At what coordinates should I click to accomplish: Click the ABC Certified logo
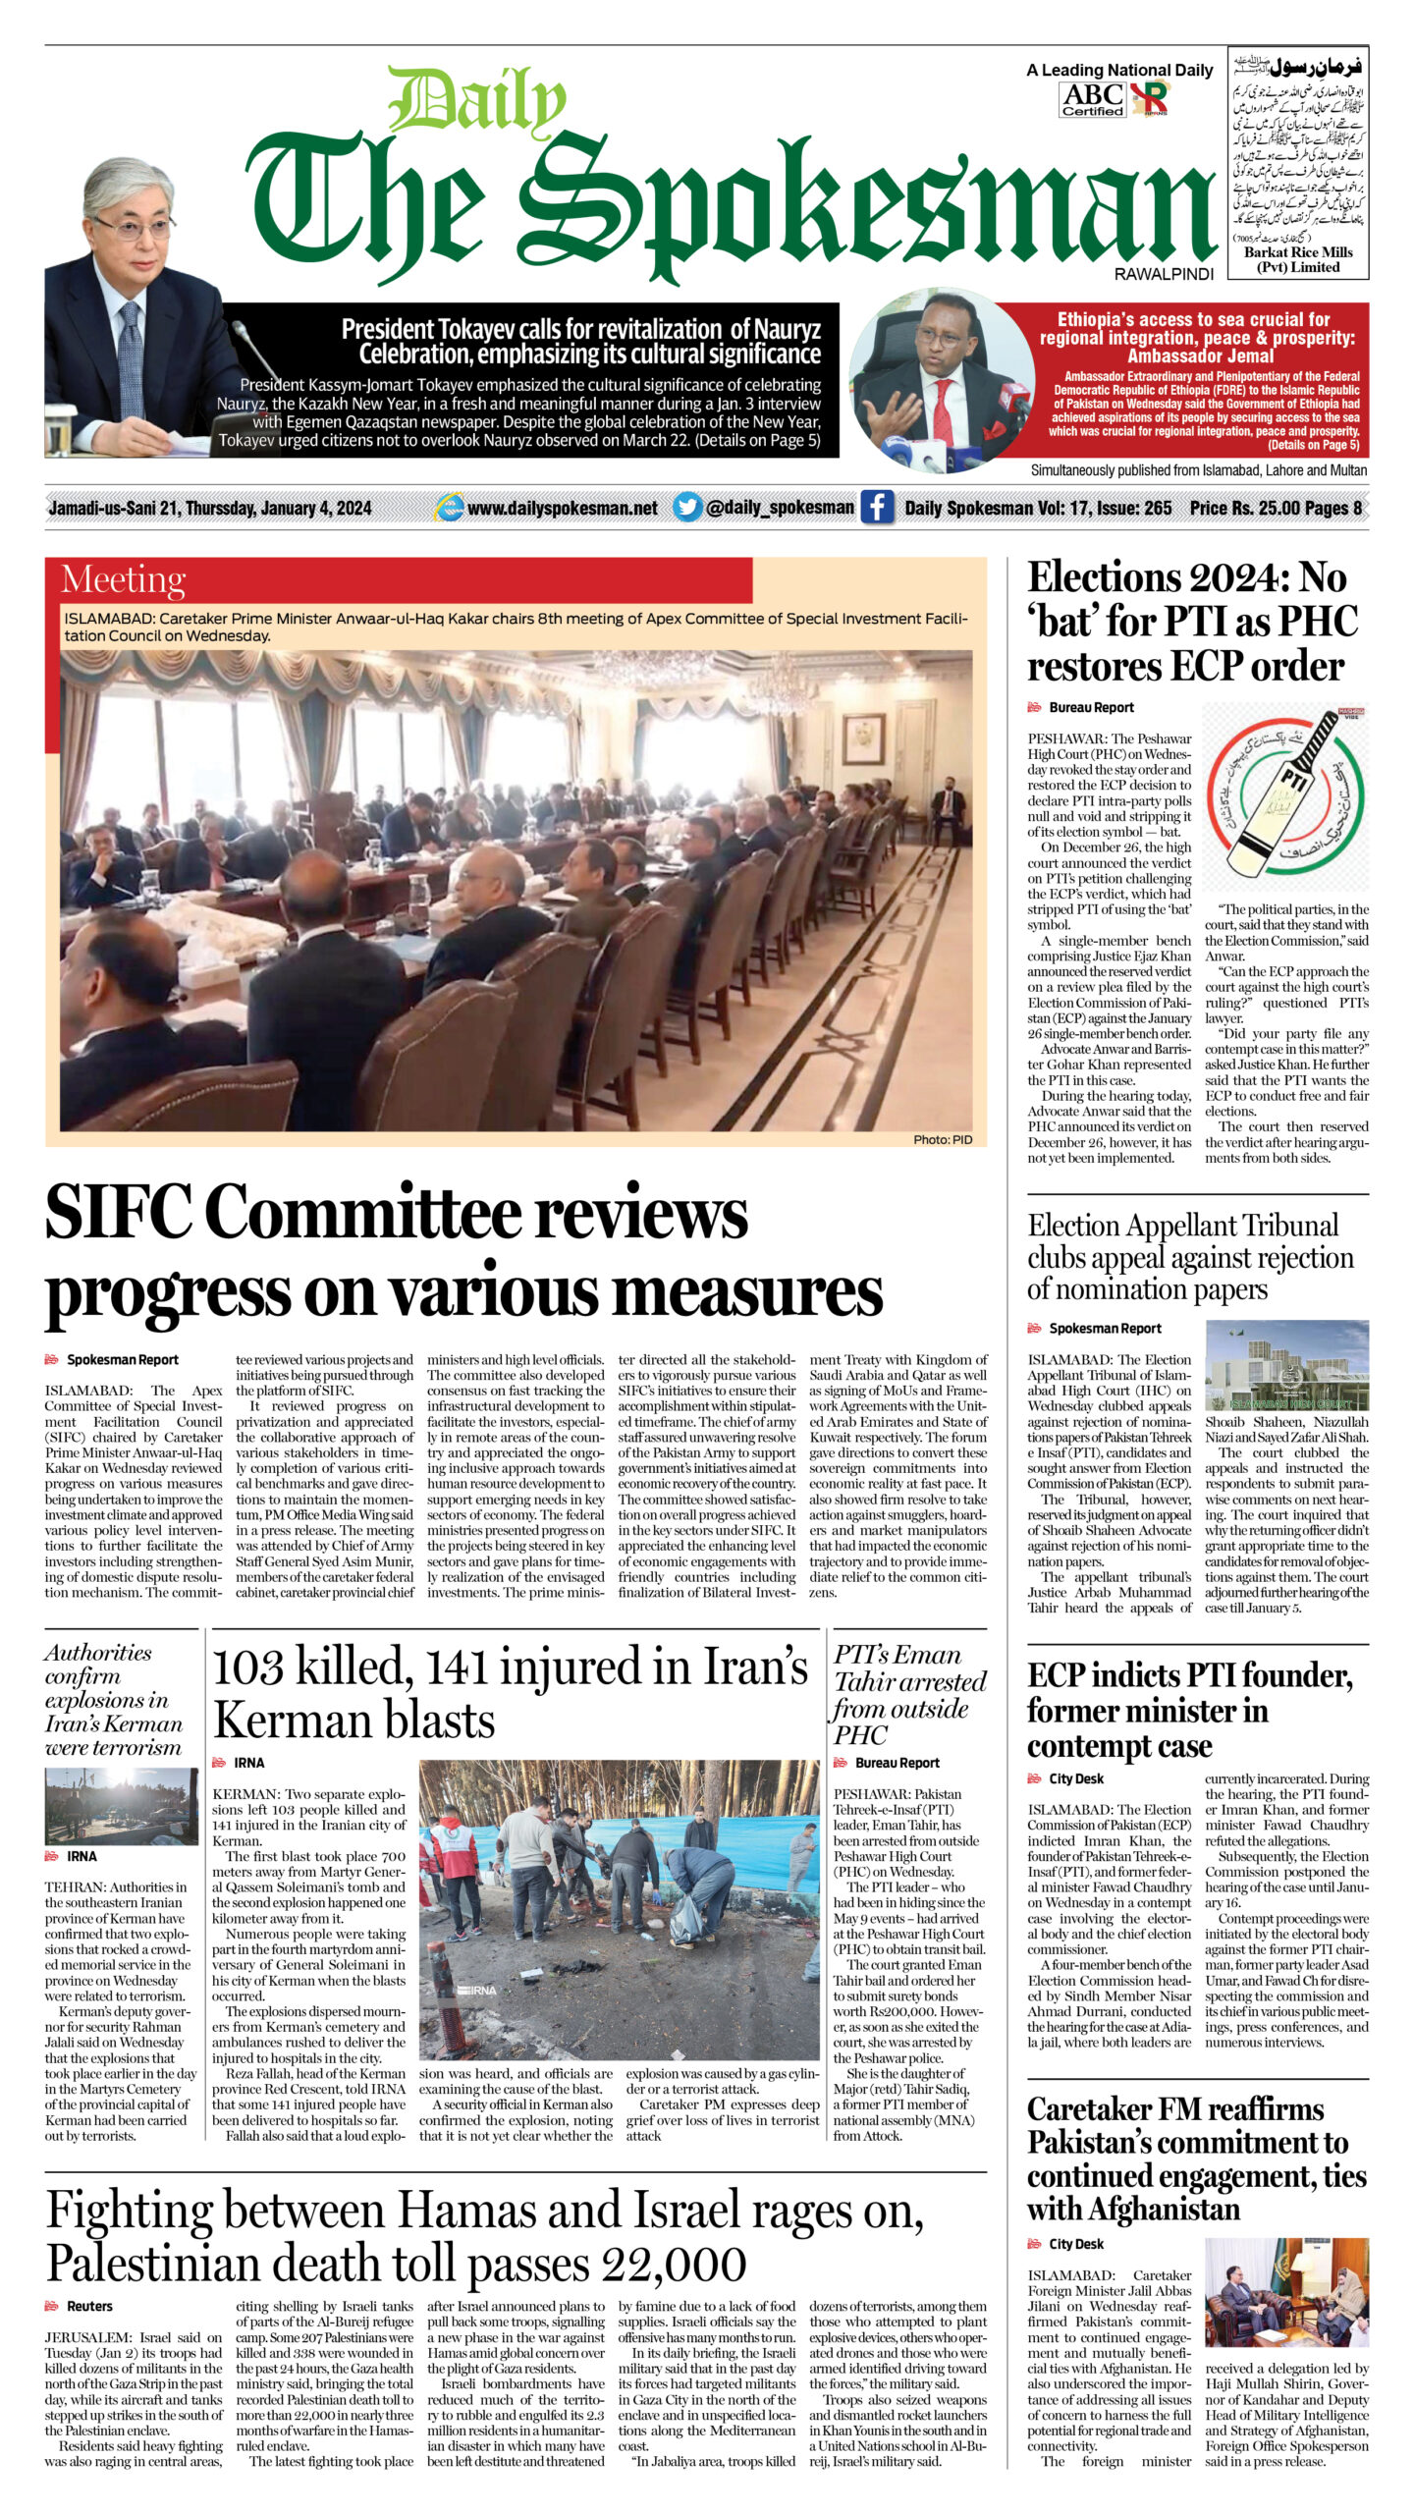click(x=1092, y=99)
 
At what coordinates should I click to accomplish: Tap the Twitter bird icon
click(x=687, y=508)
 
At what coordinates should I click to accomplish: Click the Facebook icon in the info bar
click(x=877, y=508)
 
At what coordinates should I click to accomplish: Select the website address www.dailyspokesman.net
click(x=562, y=509)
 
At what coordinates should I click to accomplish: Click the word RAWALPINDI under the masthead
click(x=1164, y=275)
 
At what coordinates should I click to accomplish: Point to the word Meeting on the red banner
click(x=123, y=580)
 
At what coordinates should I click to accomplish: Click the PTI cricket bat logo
click(x=1285, y=792)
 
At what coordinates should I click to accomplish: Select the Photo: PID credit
click(x=942, y=1139)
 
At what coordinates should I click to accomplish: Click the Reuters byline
click(x=89, y=2306)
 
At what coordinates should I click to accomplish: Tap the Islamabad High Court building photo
click(x=1286, y=1365)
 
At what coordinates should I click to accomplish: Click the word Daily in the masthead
click(x=476, y=103)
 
